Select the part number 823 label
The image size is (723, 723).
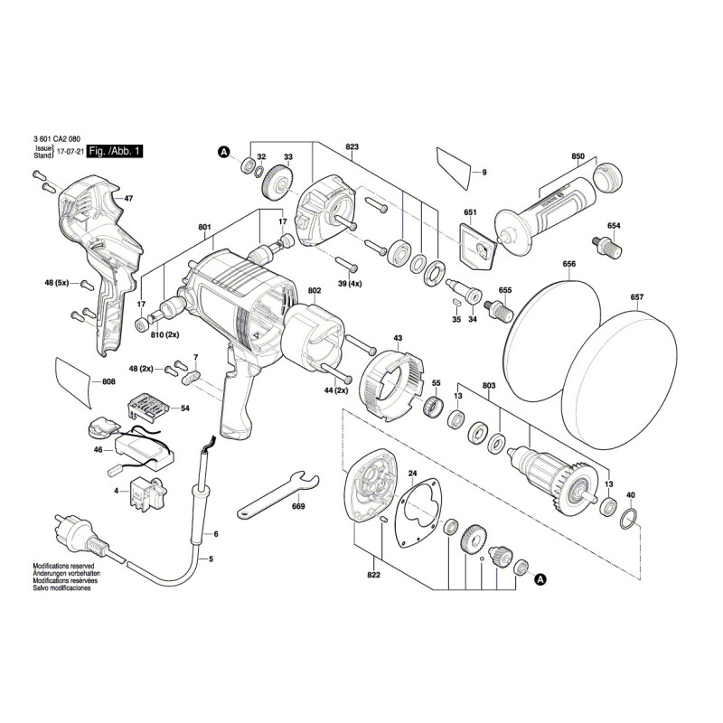[x=352, y=146]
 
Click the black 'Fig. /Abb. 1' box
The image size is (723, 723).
[x=115, y=155]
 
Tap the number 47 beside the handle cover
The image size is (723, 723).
[x=128, y=198]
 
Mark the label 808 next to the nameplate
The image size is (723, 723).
[x=109, y=382]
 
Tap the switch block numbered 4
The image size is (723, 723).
[x=145, y=492]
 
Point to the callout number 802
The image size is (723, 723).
[x=315, y=290]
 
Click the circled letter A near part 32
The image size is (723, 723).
[x=224, y=154]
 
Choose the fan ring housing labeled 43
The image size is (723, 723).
[x=390, y=380]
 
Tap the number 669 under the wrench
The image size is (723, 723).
[x=299, y=507]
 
